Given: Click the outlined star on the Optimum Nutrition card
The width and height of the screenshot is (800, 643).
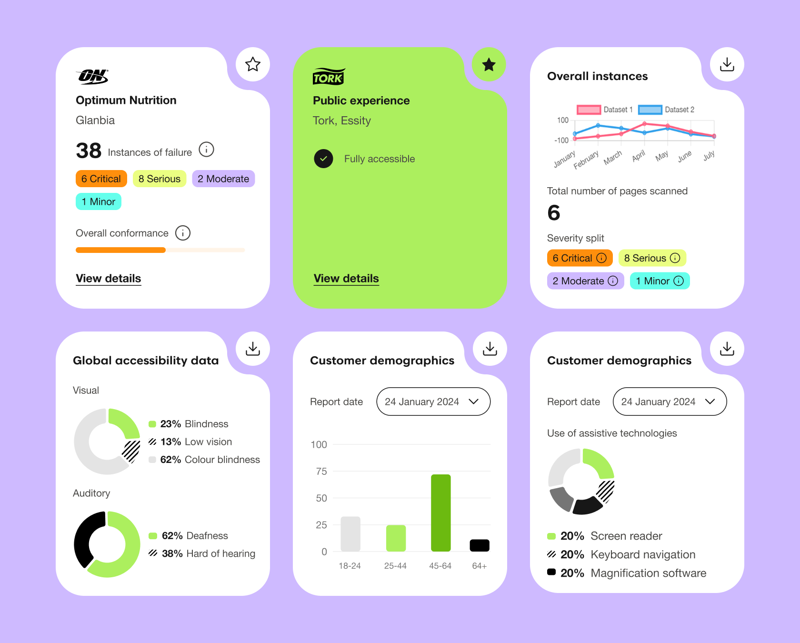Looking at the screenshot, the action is [253, 64].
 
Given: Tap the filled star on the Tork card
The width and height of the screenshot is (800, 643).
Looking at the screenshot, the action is [489, 64].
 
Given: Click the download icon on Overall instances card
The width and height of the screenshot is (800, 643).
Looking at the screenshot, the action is [727, 64].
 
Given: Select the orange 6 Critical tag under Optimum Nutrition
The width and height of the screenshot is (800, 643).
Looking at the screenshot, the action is [101, 179].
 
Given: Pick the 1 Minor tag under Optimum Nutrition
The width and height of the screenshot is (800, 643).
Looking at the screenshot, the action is [99, 201].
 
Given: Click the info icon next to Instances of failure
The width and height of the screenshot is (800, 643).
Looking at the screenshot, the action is [206, 150].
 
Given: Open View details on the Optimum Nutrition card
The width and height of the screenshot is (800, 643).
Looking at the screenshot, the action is [109, 279].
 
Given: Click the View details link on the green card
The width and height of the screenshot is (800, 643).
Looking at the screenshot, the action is [346, 279].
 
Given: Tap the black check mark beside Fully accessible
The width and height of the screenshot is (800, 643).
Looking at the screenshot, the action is [323, 159].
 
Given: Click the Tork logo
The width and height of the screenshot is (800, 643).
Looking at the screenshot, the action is [329, 76].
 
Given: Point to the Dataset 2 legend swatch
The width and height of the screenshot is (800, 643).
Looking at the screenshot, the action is [650, 110].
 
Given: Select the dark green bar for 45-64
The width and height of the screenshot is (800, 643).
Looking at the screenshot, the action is [441, 513].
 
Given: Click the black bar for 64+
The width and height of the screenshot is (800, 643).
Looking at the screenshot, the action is [480, 545].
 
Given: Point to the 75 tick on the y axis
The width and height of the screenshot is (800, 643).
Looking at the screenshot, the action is [321, 472].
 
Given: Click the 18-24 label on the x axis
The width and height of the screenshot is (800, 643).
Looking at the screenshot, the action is [350, 566].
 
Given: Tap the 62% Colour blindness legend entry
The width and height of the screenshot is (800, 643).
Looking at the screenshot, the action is [205, 460].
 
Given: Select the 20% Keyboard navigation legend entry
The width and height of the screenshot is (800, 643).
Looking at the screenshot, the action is [621, 554].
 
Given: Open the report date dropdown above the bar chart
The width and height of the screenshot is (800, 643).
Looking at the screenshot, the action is [433, 402].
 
